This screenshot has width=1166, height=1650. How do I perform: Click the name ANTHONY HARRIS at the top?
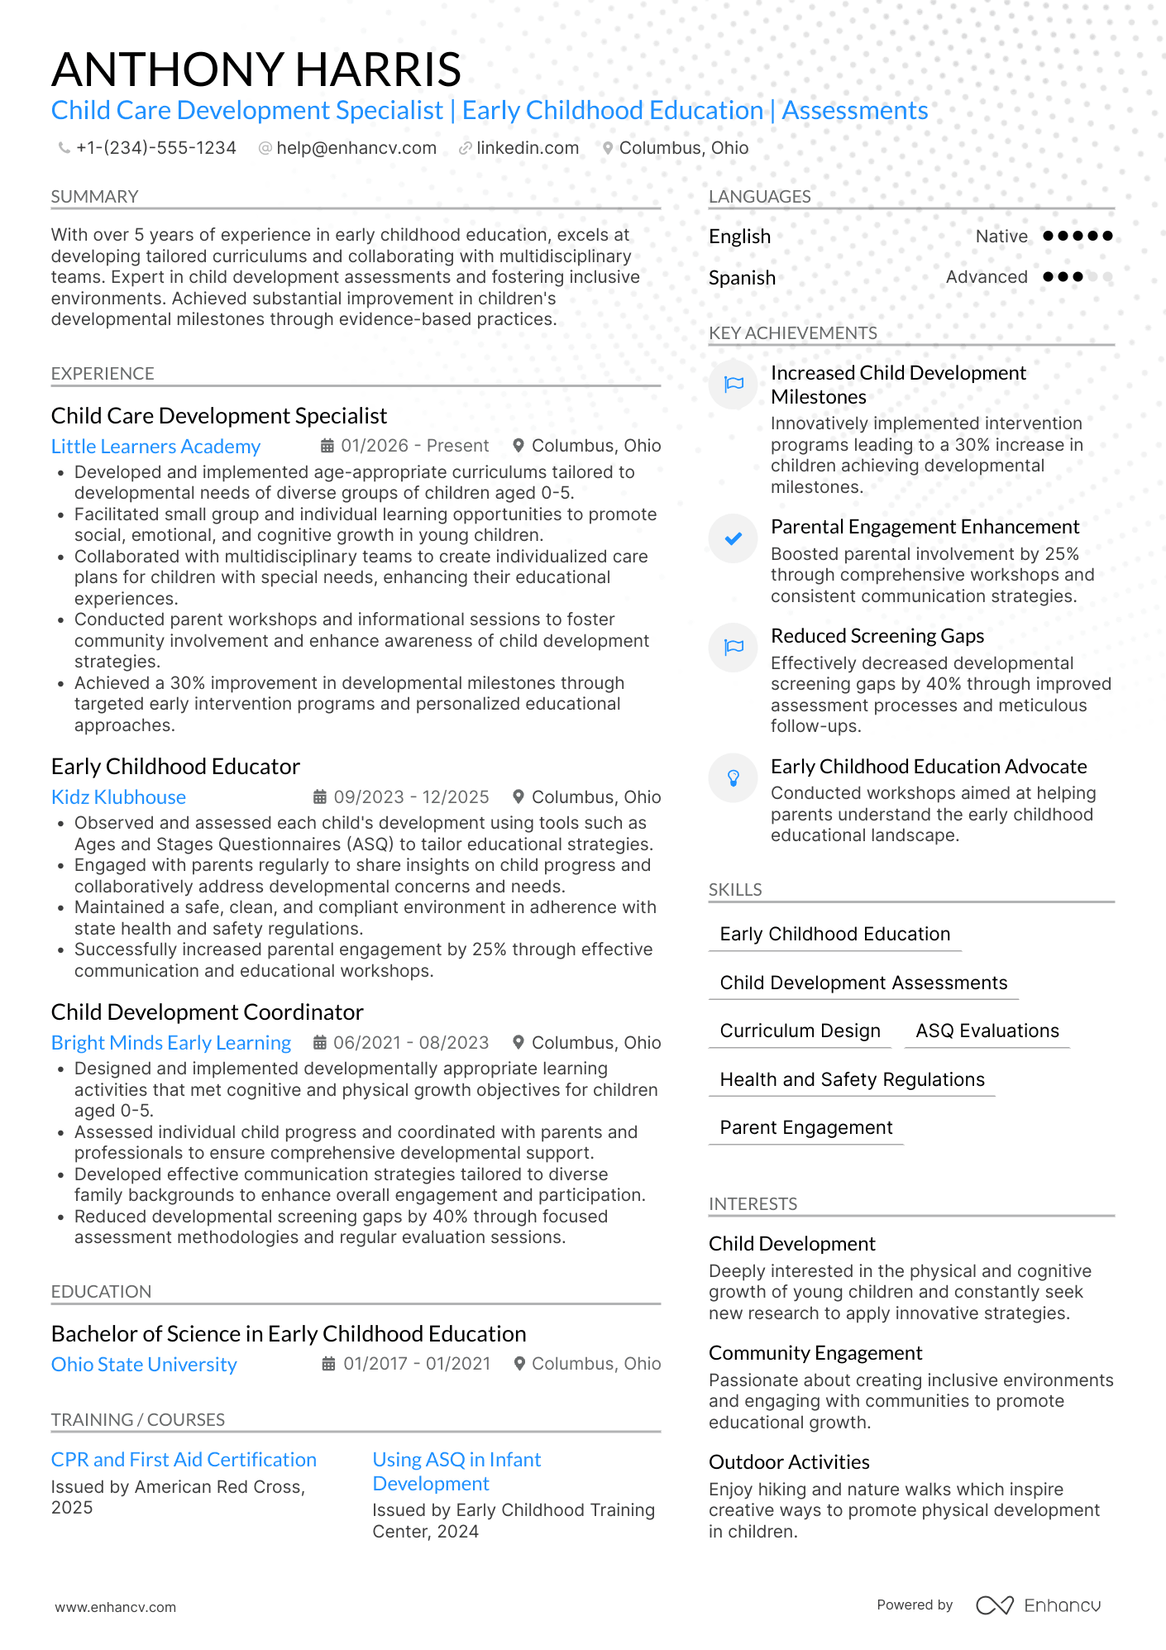point(256,69)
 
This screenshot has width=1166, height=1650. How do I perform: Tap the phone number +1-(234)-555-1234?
point(155,148)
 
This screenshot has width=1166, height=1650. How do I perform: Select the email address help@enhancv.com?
point(356,148)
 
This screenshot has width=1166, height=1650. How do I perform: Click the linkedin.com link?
point(527,148)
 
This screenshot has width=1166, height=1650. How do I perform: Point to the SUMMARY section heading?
point(94,197)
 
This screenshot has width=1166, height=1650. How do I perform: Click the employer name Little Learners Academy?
point(155,447)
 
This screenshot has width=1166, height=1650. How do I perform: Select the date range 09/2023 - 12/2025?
point(411,797)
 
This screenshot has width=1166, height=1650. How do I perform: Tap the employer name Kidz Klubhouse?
point(118,797)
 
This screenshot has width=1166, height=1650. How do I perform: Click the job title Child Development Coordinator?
point(207,1012)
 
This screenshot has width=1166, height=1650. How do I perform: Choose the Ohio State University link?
point(144,1365)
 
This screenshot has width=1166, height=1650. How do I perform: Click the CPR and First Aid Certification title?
point(184,1460)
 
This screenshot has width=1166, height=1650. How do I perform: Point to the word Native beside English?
point(1001,237)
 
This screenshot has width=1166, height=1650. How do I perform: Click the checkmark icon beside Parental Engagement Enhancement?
point(733,539)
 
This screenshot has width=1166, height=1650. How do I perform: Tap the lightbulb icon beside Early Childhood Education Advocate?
point(733,778)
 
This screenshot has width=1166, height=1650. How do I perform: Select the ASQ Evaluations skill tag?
point(987,1031)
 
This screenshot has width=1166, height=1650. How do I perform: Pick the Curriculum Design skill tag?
point(800,1031)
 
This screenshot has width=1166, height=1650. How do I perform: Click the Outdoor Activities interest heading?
point(789,1462)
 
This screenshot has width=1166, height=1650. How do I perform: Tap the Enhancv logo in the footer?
point(1038,1605)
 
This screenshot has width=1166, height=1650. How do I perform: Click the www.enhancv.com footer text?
point(116,1607)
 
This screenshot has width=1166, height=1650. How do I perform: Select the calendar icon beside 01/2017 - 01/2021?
point(328,1364)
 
